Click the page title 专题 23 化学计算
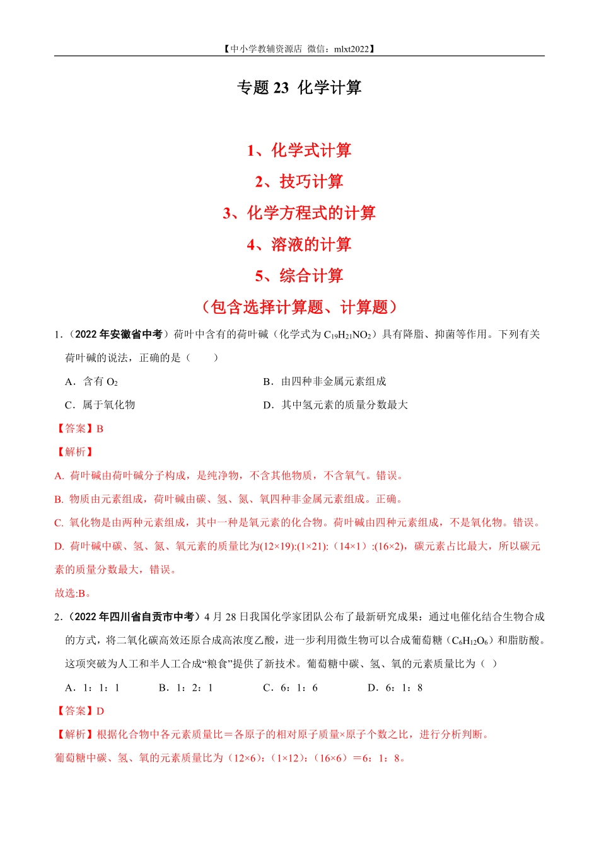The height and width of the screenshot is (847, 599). tap(299, 88)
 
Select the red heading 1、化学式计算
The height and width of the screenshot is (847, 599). tap(299, 151)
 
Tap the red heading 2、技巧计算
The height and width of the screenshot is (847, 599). tap(299, 181)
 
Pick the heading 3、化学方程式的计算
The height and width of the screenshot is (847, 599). tap(299, 213)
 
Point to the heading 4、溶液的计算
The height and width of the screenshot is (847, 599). tap(299, 245)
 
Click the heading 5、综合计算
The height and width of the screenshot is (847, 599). tap(299, 275)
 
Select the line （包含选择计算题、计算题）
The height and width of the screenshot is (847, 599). tap(299, 307)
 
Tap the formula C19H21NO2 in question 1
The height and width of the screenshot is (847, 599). tap(347, 335)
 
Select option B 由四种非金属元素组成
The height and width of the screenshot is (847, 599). tap(325, 381)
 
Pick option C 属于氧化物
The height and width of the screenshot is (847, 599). tap(100, 405)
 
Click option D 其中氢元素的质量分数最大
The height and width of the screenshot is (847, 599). tap(335, 405)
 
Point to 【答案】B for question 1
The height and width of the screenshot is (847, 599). tap(79, 429)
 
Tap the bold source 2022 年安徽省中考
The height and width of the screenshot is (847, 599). tap(119, 335)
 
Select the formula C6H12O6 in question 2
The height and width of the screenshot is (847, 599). tap(470, 640)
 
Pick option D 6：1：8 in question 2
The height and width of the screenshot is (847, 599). tap(395, 688)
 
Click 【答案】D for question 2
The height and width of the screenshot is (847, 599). tap(79, 711)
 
